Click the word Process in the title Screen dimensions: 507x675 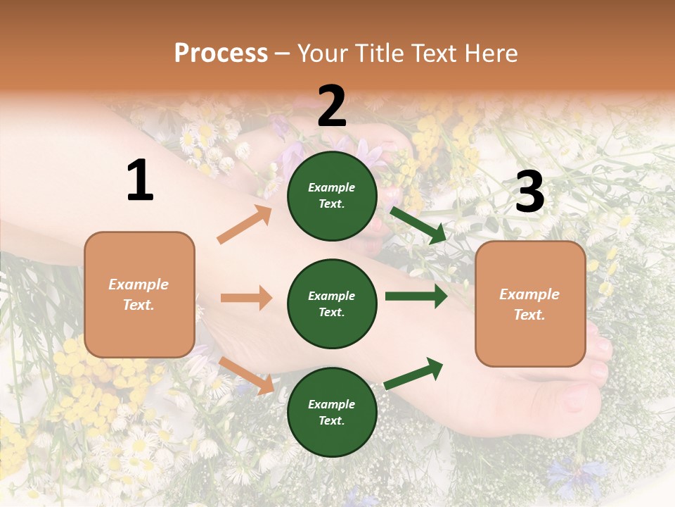221,54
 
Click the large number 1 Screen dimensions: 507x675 140,181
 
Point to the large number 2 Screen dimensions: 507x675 332,106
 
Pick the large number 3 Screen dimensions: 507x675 529,192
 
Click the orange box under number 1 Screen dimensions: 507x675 139,294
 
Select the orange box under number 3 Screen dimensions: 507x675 530,303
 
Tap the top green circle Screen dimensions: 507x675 332,196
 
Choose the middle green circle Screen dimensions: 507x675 332,303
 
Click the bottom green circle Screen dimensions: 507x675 332,412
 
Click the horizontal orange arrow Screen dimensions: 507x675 246,298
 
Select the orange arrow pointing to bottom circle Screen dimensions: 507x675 247,375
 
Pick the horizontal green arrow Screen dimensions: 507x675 416,296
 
